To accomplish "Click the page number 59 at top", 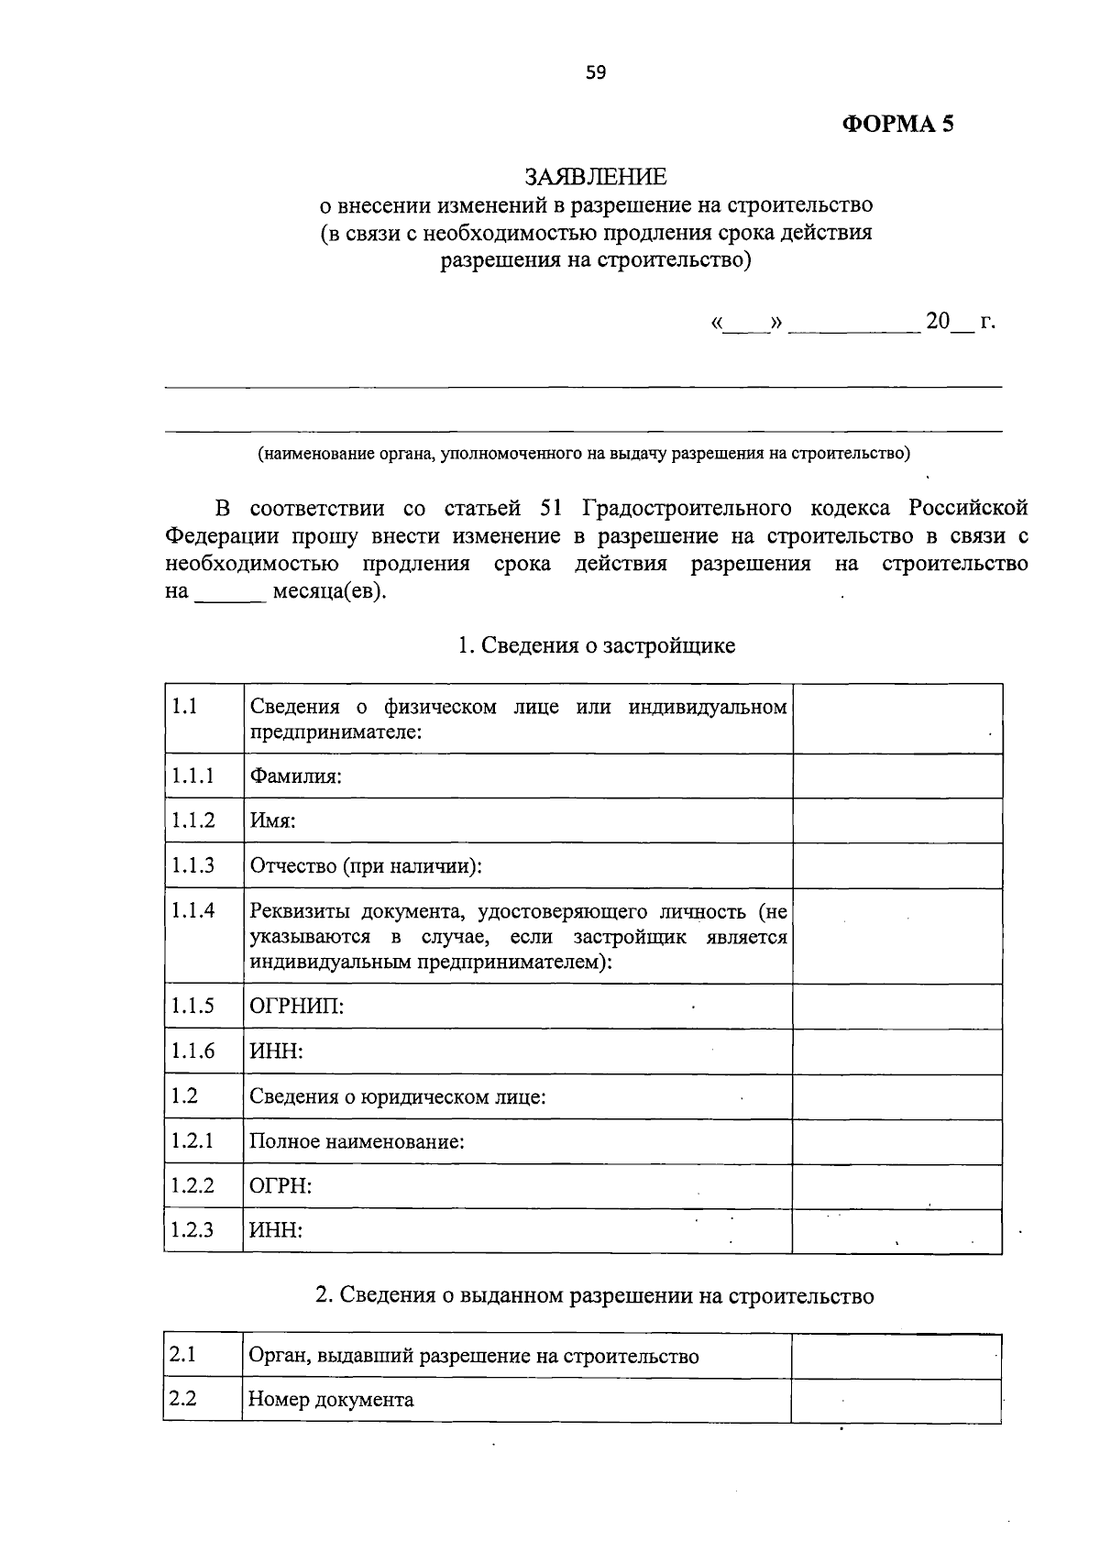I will (x=596, y=73).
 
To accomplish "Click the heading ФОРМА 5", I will (x=897, y=124).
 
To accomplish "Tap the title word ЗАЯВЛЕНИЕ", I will (x=596, y=176).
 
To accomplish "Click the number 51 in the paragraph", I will (x=552, y=508).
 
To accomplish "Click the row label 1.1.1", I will (x=192, y=776).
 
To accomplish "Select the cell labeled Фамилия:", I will (x=295, y=776).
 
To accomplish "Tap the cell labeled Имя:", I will (x=272, y=820).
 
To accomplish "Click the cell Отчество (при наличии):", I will (x=366, y=865).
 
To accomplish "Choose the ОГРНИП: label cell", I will (x=297, y=1007).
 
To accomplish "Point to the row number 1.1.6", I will (x=192, y=1051).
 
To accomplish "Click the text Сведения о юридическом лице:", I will (x=398, y=1096).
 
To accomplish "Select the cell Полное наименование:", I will (x=357, y=1141).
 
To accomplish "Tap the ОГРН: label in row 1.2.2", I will (x=280, y=1186).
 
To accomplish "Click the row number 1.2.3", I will (x=192, y=1229).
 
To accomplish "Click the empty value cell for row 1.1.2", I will (x=896, y=820).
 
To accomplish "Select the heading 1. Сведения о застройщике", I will (x=596, y=645).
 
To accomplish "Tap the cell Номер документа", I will (x=331, y=1400).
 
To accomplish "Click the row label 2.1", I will (x=183, y=1354).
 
